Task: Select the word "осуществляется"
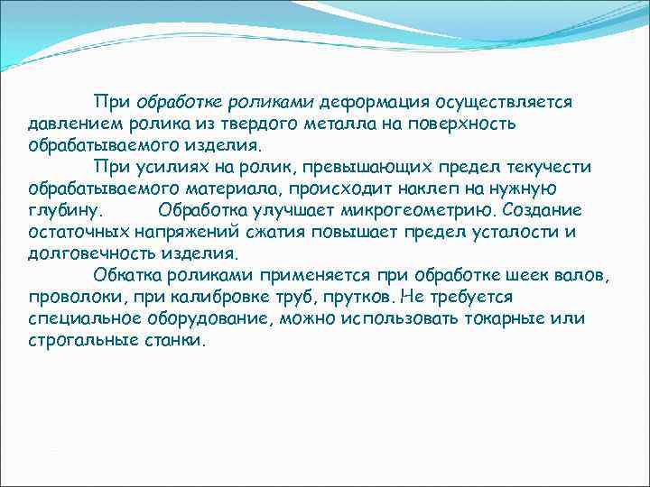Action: [x=503, y=102]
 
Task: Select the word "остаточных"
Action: [x=73, y=232]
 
